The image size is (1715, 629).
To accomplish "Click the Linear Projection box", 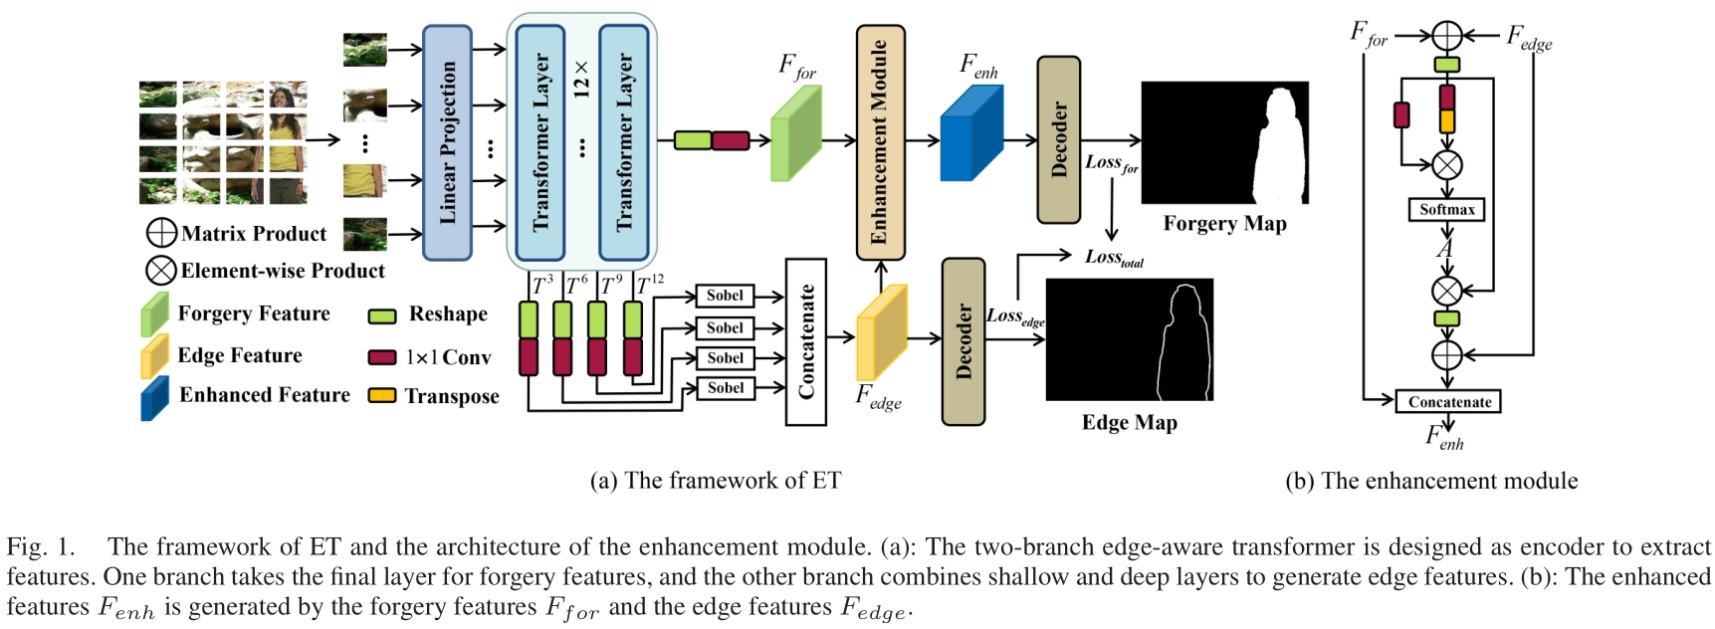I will pyautogui.click(x=447, y=142).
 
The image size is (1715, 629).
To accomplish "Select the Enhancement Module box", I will pyautogui.click(x=880, y=142).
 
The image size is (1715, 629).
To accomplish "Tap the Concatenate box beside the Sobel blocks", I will pyautogui.click(x=805, y=341).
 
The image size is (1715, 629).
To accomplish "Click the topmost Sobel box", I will pyautogui.click(x=725, y=296).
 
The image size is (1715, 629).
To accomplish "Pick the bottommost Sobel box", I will pyautogui.click(x=725, y=388).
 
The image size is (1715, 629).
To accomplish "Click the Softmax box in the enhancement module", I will pyautogui.click(x=1446, y=210).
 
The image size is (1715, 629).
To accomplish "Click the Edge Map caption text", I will pyautogui.click(x=1129, y=423).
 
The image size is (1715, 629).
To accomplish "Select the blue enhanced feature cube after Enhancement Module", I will pyautogui.click(x=971, y=133).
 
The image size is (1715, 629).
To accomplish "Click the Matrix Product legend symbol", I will pyautogui.click(x=161, y=233).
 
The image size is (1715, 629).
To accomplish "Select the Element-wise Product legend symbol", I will pyautogui.click(x=161, y=271).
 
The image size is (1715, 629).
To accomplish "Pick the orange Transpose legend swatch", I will pyautogui.click(x=382, y=396).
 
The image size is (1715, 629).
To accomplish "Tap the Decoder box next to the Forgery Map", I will pyautogui.click(x=1058, y=139).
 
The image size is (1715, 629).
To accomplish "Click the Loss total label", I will pyautogui.click(x=1114, y=258).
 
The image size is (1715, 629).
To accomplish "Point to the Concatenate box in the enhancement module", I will pyautogui.click(x=1448, y=402).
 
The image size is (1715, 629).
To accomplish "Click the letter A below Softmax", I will pyautogui.click(x=1444, y=249).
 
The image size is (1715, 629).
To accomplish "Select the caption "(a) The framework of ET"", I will pyautogui.click(x=715, y=481).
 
